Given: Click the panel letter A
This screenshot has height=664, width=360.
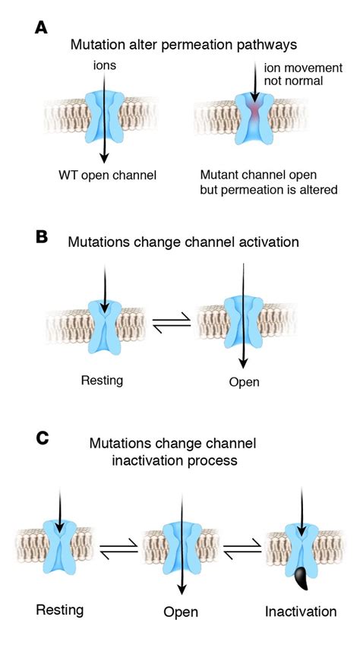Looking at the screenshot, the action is [41, 28].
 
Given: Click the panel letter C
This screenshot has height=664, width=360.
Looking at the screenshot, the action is [43, 438].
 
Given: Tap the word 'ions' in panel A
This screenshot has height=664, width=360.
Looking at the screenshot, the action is [104, 67].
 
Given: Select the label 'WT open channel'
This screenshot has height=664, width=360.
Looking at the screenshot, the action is [108, 175].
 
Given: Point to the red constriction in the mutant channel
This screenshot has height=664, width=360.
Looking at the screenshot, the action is [255, 109].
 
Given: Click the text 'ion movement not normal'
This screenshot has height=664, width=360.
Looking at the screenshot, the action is [303, 74].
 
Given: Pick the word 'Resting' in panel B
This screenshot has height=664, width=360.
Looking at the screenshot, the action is [102, 380].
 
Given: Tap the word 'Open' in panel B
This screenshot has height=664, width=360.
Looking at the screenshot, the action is [244, 382].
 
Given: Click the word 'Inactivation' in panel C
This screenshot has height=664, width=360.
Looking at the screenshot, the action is [301, 612].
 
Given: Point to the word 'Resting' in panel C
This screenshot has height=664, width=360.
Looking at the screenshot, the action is [60, 610].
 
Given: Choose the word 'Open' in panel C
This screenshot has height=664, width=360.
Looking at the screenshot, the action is [181, 612].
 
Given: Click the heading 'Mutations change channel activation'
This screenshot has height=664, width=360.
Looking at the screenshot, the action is [183, 242].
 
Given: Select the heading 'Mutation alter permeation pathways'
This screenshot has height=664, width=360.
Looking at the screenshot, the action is [184, 45].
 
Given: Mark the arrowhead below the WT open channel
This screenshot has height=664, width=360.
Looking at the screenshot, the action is [104, 157].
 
